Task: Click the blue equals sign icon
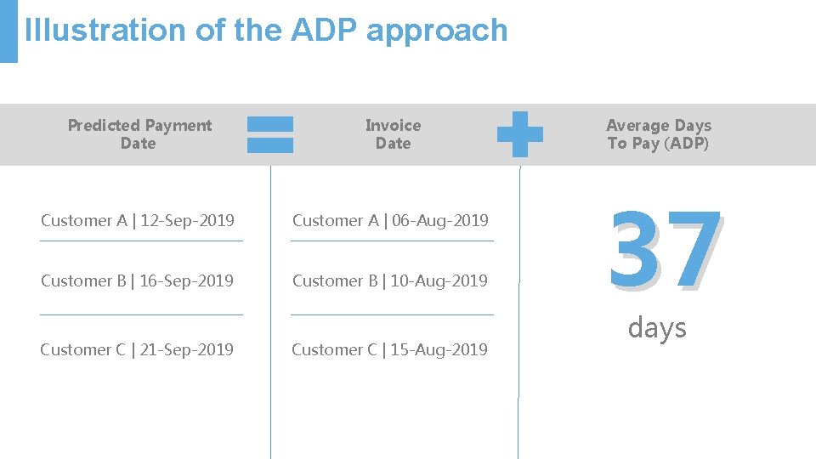tap(270, 134)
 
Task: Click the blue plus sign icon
tap(519, 134)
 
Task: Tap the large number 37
tap(666, 249)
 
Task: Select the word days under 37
tap(657, 327)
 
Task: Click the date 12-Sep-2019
tap(187, 221)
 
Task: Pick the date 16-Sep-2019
tap(186, 281)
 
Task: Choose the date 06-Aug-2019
tap(439, 221)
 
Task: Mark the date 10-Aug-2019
tap(439, 281)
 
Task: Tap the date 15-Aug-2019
tap(439, 350)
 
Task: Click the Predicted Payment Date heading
tap(139, 134)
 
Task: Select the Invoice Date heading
tap(393, 134)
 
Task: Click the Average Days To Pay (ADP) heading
tap(659, 134)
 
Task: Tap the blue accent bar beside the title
tap(8, 31)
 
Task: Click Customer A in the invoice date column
tap(334, 221)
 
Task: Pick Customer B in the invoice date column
tap(334, 281)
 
